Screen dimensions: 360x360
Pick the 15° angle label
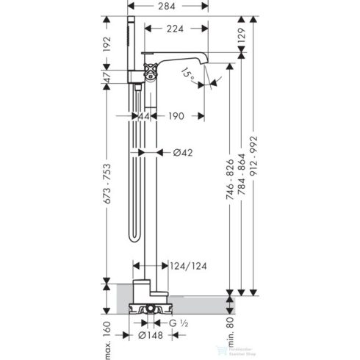click(x=190, y=73)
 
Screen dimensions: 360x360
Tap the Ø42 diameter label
click(x=181, y=153)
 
